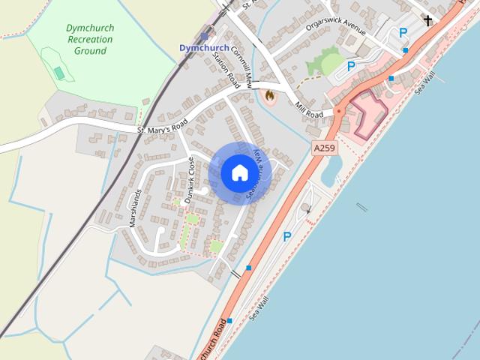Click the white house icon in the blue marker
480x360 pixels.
pos(239,172)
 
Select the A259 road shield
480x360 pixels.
pos(324,148)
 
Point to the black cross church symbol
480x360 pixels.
pos(428,20)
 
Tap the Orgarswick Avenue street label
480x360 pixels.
pos(335,28)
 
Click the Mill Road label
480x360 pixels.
pos(308,109)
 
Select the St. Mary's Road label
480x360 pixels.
pos(162,125)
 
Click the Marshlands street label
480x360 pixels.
pos(135,208)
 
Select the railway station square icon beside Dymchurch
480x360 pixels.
pos(204,35)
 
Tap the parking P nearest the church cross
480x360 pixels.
pos(403,32)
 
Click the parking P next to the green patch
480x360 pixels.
pos(350,66)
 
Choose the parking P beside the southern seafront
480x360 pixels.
pos(286,237)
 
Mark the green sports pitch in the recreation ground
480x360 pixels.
pos(58,72)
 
